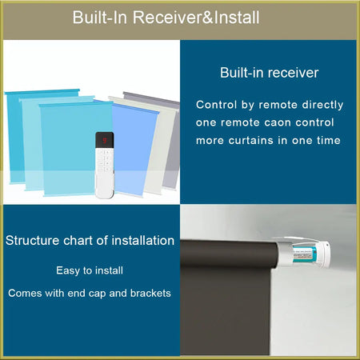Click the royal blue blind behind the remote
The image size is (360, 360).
tap(134, 148)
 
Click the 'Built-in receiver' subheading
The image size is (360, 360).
tap(270, 73)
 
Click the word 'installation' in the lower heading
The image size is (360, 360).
tap(142, 240)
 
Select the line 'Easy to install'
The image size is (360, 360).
tap(90, 271)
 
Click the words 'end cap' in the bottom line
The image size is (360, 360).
tap(94, 293)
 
